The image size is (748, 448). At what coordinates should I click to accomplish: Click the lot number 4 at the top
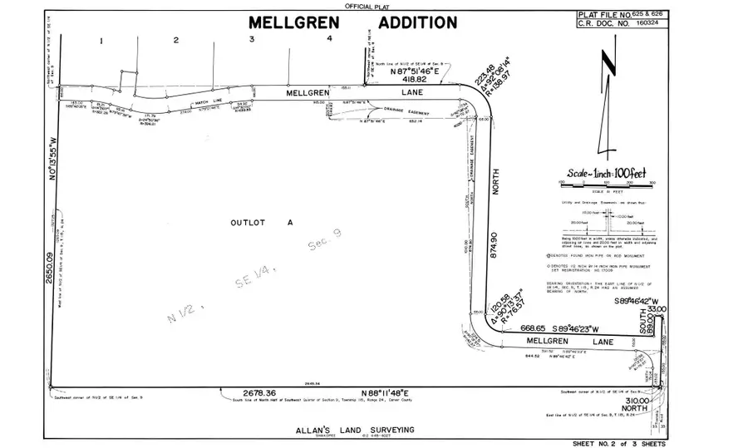click(330, 39)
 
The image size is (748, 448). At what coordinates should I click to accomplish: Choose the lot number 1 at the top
click(100, 39)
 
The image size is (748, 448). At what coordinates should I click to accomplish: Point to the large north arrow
click(609, 104)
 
